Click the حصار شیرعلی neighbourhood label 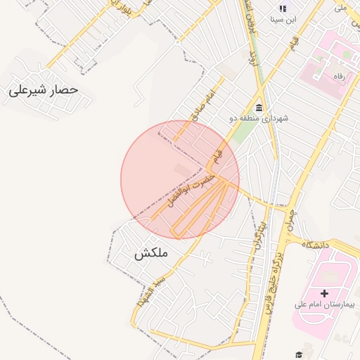pyautogui.click(x=43, y=91)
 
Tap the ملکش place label pyautogui.click(x=151, y=254)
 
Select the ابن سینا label pyautogui.click(x=285, y=20)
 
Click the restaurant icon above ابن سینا pyautogui.click(x=283, y=8)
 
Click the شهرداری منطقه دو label pyautogui.click(x=259, y=119)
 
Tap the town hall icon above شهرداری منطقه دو pyautogui.click(x=259, y=108)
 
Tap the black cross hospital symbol pyautogui.click(x=324, y=292)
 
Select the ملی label pyautogui.click(x=341, y=8)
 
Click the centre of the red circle pyautogui.click(x=180, y=180)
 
